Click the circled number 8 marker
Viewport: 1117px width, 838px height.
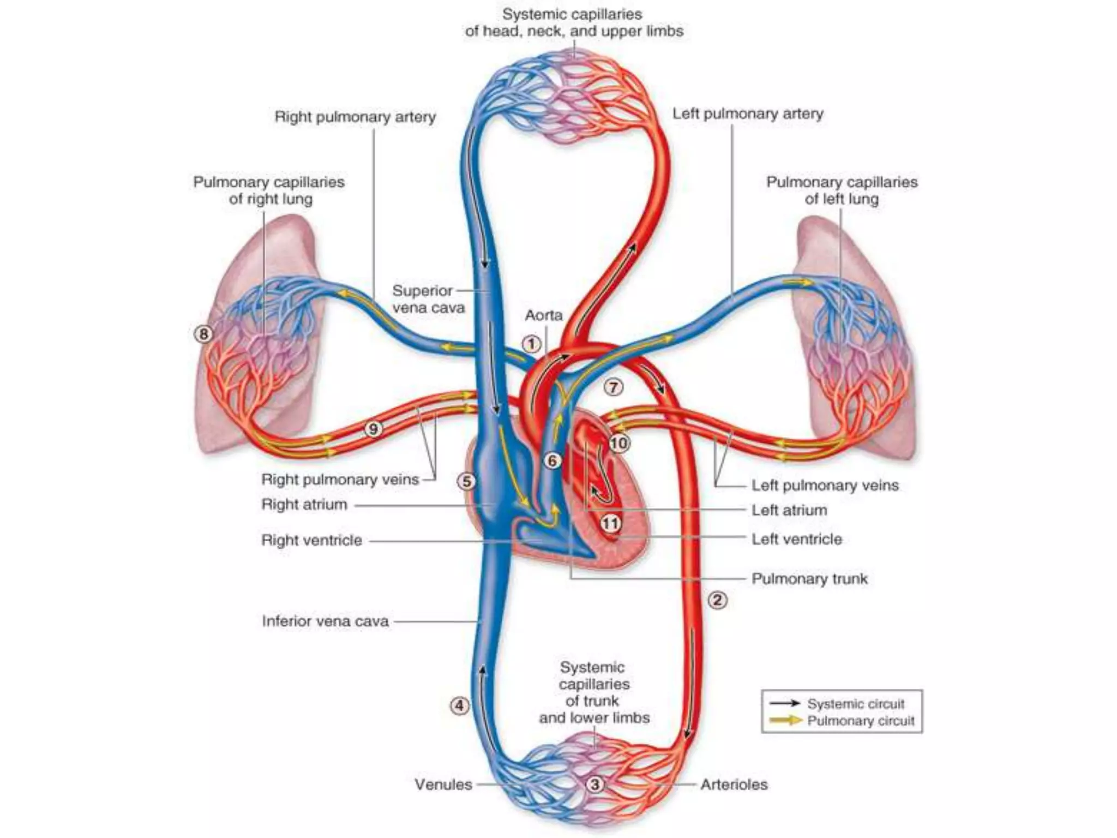click(203, 333)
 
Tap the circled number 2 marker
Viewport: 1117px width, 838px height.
click(717, 600)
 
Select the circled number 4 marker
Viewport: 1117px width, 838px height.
click(459, 705)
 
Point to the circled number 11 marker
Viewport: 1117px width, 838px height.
click(610, 524)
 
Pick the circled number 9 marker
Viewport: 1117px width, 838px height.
click(373, 429)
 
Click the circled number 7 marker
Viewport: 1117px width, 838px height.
click(614, 387)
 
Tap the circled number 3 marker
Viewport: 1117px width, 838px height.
click(595, 785)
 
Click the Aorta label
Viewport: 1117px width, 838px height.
click(543, 315)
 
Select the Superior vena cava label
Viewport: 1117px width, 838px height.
click(429, 299)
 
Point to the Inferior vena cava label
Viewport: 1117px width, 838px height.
click(325, 621)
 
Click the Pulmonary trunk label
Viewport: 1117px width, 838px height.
click(809, 578)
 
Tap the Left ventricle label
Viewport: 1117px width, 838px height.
click(797, 539)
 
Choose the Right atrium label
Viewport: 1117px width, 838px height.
click(304, 504)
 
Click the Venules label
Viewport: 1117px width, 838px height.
click(443, 784)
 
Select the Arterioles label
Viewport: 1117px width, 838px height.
click(734, 784)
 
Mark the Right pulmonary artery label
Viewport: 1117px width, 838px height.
click(355, 117)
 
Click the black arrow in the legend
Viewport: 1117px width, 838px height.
click(784, 704)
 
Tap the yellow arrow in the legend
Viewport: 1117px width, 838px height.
click(784, 721)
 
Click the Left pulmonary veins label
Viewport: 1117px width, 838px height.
click(825, 485)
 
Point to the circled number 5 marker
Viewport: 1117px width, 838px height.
click(467, 481)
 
